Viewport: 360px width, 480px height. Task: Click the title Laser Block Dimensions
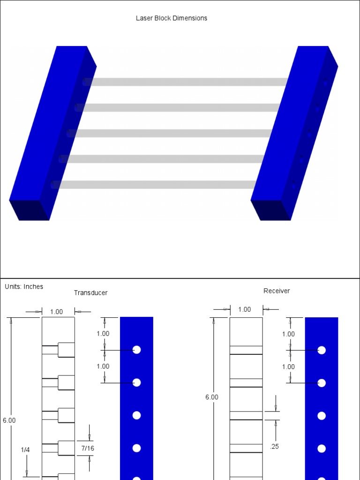[x=171, y=18]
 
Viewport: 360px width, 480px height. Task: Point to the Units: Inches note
[x=24, y=286]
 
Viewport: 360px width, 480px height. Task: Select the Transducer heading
[x=90, y=292]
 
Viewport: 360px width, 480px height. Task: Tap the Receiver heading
[x=277, y=291]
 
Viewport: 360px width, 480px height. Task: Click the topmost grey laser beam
[x=187, y=82]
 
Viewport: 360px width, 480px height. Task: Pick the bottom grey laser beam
[x=155, y=185]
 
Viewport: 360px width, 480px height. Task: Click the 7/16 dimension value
[x=88, y=449]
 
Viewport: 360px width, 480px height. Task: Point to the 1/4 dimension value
[x=25, y=450]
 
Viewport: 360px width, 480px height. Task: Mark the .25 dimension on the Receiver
[x=275, y=447]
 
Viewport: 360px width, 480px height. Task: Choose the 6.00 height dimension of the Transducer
[x=9, y=420]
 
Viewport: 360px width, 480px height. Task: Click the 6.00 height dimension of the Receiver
[x=212, y=397]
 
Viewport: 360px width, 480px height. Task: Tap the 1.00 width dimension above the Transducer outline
[x=56, y=312]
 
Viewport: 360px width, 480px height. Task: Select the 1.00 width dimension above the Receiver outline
[x=245, y=309]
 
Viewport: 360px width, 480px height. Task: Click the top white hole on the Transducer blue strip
[x=137, y=350]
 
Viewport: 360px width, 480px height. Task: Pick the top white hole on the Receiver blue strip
[x=322, y=350]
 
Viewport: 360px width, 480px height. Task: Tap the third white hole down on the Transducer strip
[x=137, y=415]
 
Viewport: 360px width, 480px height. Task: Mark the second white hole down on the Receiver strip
[x=322, y=383]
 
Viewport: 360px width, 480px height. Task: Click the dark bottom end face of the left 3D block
[x=29, y=210]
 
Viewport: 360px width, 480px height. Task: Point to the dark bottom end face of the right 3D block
[x=271, y=210]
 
